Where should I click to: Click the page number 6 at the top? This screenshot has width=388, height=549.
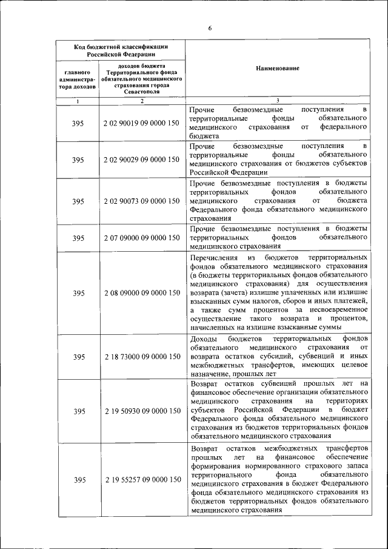210,28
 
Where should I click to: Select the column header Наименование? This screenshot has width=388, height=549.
277,69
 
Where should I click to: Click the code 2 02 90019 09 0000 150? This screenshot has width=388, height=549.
141,123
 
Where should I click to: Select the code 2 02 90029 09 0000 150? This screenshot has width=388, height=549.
141,160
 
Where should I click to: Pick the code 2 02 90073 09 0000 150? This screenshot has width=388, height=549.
141,201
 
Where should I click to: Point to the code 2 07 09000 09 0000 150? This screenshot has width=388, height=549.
141,238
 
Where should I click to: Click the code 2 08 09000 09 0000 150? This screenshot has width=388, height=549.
141,293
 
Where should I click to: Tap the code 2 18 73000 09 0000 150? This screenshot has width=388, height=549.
141,357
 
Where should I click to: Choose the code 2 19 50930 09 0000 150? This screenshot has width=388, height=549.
141,411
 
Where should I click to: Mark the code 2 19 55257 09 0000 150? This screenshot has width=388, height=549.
141,480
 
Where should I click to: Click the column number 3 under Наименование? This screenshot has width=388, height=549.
277,101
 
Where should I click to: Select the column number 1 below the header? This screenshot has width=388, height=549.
78,101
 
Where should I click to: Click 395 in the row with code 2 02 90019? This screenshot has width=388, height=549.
78,123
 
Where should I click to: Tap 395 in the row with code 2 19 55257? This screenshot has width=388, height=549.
78,480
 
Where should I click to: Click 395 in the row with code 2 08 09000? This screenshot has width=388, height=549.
78,293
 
